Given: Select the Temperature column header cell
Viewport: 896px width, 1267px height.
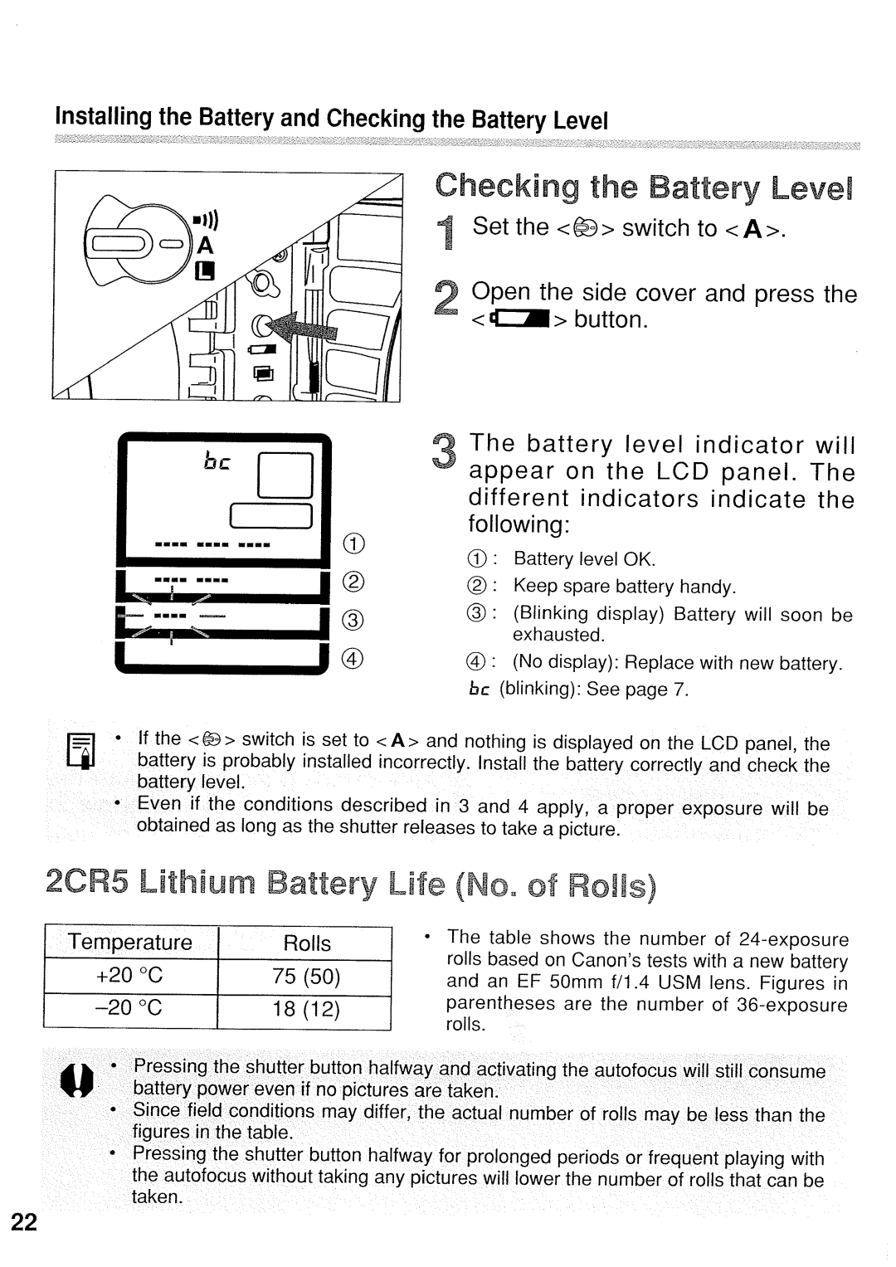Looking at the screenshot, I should tap(130, 943).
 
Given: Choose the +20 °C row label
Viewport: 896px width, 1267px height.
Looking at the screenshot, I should tap(130, 977).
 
